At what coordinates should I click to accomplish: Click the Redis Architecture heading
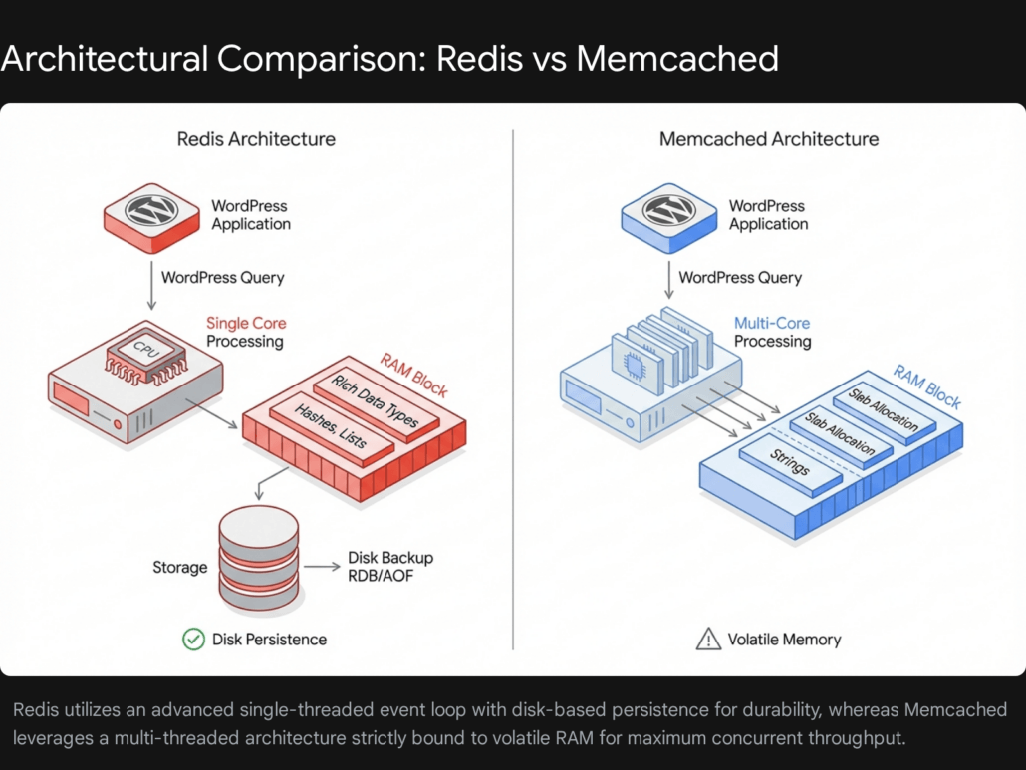point(256,139)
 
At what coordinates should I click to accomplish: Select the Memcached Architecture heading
point(769,139)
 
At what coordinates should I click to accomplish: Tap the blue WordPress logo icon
point(668,210)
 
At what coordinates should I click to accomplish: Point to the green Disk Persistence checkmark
point(194,639)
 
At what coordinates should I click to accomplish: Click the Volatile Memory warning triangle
point(707,639)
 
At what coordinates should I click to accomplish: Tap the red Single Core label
point(245,323)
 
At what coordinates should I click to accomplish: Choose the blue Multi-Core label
point(772,323)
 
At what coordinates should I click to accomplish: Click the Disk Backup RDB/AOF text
point(390,567)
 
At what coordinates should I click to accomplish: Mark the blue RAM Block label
point(926,386)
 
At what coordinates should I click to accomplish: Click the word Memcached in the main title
point(677,59)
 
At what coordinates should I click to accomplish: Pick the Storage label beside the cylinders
point(180,567)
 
